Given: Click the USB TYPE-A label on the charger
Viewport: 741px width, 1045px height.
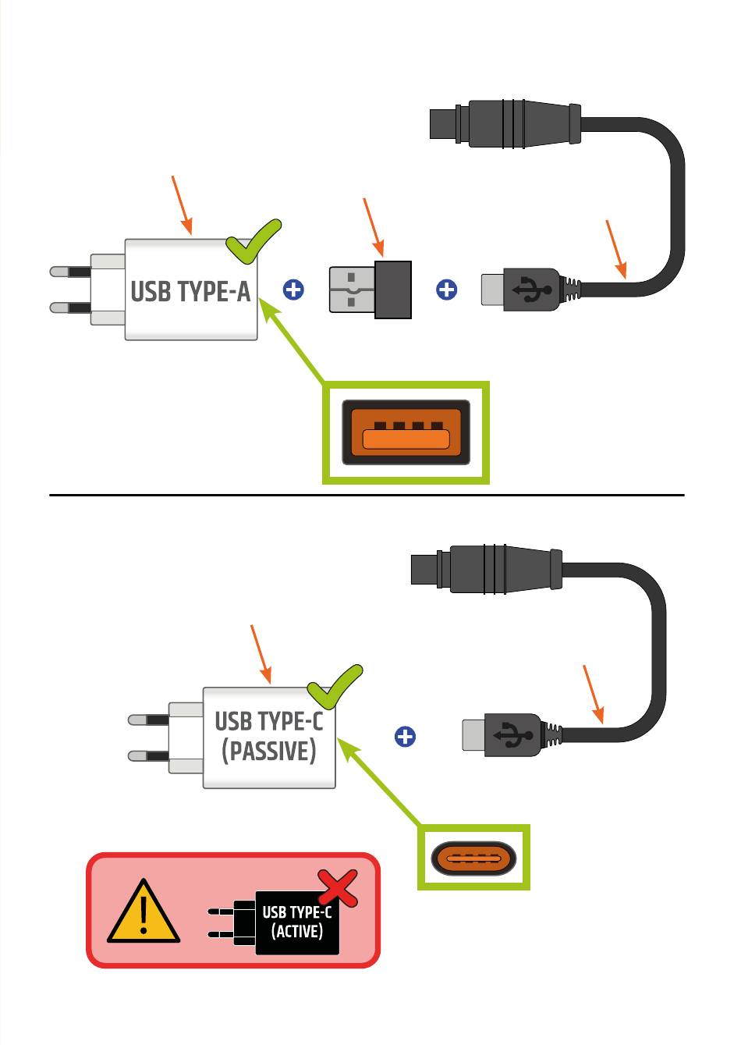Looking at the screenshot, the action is coord(190,291).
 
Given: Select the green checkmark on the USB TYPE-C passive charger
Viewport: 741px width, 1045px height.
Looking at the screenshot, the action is coord(335,687).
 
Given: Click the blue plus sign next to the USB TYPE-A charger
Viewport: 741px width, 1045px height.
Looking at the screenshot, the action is coord(293,290).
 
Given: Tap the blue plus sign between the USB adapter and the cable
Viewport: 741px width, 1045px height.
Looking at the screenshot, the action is coord(446,290).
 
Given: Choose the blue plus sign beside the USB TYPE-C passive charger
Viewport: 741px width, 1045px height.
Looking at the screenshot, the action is coord(405,737).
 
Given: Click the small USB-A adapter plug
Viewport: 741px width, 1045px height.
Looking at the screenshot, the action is coord(370,290).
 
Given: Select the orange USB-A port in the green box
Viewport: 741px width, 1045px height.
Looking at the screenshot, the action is coord(406,432).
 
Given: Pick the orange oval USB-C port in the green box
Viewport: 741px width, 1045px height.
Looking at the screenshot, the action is coord(473,858).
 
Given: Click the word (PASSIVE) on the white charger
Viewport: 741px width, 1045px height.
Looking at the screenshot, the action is coord(269,752).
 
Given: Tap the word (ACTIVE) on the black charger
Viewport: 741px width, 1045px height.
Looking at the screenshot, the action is coord(297,931).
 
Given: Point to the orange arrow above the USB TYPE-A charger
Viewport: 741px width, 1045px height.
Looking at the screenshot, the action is coord(182,205).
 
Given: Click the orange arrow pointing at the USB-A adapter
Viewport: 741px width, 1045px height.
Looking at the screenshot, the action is coord(374,227).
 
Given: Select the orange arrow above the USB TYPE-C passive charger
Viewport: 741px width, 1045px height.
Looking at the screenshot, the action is coord(261,655).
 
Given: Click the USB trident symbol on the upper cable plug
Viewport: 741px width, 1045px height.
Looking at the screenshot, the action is coord(532,290).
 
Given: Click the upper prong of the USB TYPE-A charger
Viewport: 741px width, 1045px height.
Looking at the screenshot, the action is coord(70,272).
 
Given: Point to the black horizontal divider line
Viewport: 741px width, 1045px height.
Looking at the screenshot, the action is coord(367,495).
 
